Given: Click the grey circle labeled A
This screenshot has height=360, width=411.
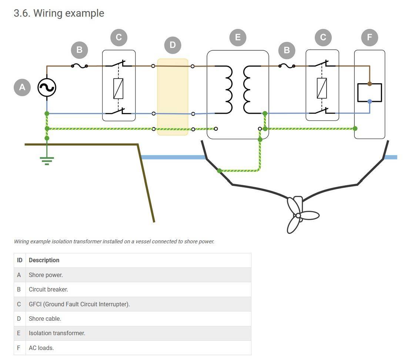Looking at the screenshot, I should (x=22, y=87).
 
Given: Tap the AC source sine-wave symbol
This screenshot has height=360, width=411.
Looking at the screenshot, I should (x=47, y=88).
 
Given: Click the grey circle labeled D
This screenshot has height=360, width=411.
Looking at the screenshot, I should (x=173, y=45).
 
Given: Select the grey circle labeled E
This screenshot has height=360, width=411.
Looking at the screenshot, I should (x=237, y=37).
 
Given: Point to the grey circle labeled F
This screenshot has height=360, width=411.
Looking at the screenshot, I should (x=369, y=37).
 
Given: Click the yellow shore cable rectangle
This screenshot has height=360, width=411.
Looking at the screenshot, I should (x=173, y=97).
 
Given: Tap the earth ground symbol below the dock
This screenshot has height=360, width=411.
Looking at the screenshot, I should (x=47, y=160).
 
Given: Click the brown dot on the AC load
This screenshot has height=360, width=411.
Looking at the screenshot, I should (x=370, y=84).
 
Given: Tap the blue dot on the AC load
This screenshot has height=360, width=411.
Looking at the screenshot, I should (x=370, y=101).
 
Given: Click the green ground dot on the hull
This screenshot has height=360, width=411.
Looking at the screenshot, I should (x=219, y=171).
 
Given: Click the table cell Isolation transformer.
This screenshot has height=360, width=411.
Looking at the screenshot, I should (x=57, y=333).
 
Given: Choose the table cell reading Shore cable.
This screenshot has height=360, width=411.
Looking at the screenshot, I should (x=45, y=319).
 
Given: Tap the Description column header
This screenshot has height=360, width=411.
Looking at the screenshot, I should (x=44, y=260).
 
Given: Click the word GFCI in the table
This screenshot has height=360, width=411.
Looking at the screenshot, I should (x=35, y=304).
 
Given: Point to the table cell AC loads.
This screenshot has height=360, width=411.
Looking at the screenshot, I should (x=41, y=348).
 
